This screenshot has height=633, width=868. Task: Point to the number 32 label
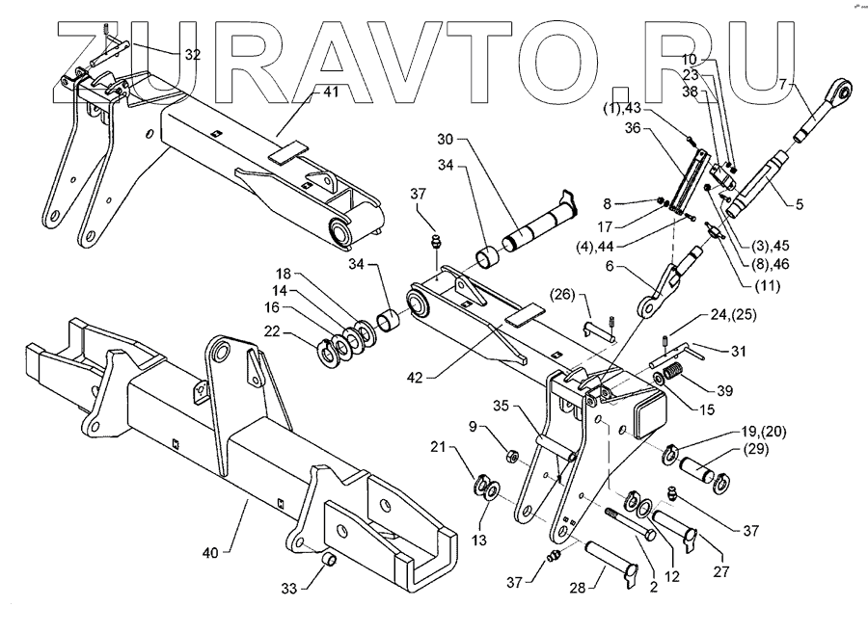[192, 55]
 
